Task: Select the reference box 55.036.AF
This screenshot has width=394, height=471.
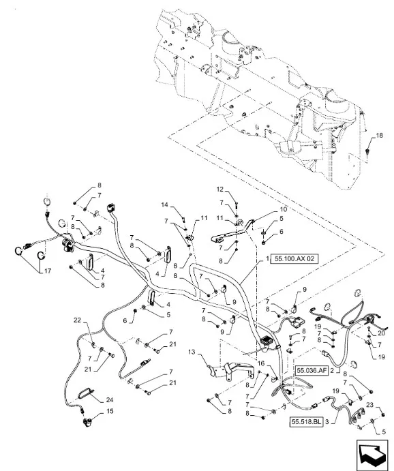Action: click(312, 371)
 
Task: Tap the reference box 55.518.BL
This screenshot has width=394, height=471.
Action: click(306, 422)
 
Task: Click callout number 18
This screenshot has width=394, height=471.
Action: click(379, 136)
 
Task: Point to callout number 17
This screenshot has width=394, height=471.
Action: click(48, 271)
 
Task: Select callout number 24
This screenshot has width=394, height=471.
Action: click(109, 400)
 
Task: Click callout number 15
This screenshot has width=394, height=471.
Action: click(110, 410)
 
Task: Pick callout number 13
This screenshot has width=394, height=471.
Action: click(192, 352)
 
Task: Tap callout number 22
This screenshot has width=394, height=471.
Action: click(78, 320)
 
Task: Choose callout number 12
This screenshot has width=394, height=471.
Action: click(220, 189)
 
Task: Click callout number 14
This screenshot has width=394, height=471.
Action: click(165, 205)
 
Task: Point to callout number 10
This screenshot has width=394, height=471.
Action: click(283, 209)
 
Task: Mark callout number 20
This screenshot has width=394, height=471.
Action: click(381, 333)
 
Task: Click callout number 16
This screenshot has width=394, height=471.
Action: click(261, 364)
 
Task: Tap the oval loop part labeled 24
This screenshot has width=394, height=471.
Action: click(86, 393)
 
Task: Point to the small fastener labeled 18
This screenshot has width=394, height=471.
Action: click(367, 151)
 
